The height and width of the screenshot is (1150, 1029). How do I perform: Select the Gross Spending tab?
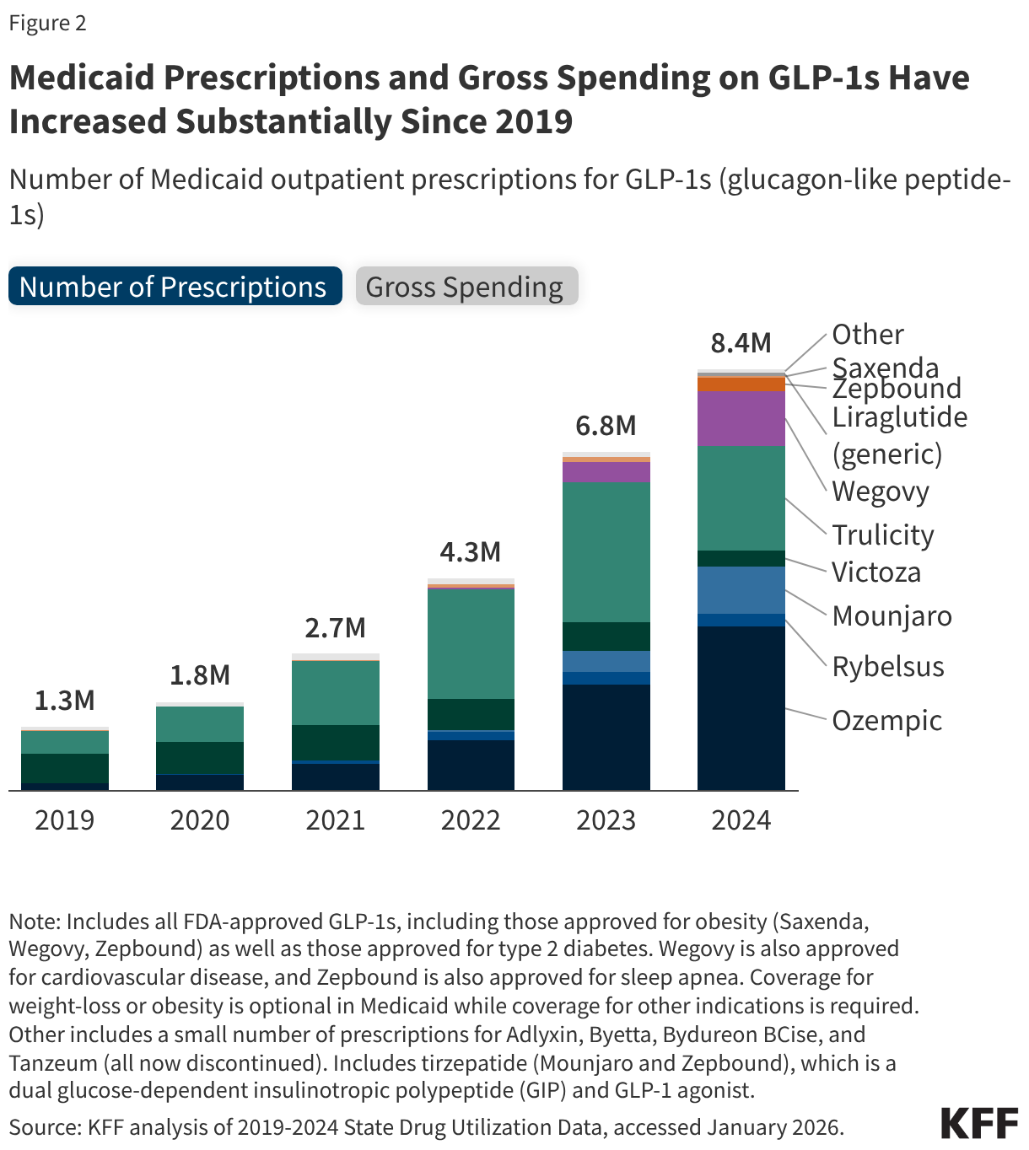click(466, 287)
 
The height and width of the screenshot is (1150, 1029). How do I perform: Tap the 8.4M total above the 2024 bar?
click(741, 343)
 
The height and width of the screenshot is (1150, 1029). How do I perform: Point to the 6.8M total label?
click(606, 426)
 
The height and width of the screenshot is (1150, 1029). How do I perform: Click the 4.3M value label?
click(471, 552)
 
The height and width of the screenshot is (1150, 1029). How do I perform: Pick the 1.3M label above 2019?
click(65, 701)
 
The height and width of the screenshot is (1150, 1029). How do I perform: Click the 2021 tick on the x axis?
click(335, 820)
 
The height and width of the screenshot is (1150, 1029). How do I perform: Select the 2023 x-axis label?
click(606, 820)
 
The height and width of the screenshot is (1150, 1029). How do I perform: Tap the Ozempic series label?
click(886, 721)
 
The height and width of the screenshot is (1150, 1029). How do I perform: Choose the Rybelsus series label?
click(887, 667)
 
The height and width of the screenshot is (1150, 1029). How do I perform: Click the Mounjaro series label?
click(892, 616)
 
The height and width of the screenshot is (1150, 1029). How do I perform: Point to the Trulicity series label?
click(882, 535)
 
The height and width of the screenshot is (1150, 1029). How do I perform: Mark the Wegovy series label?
click(880, 492)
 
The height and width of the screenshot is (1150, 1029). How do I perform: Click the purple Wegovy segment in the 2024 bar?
click(741, 418)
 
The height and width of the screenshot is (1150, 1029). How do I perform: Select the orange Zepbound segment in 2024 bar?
click(741, 384)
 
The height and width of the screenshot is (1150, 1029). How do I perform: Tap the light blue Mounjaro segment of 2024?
click(741, 590)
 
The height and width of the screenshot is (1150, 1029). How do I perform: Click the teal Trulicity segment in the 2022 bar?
click(471, 643)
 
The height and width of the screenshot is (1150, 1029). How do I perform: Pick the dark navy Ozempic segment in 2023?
click(606, 737)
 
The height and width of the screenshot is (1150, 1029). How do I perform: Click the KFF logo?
click(978, 1124)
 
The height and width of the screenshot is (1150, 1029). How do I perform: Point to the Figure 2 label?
click(48, 23)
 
